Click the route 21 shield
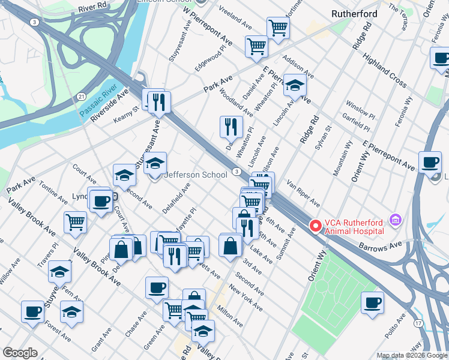click(81, 96)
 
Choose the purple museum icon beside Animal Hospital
click(394, 221)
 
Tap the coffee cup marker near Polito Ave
click(372, 302)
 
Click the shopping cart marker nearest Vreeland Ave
click(277, 27)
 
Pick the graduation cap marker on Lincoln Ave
click(295, 85)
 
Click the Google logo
click(20, 353)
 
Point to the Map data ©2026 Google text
click(412, 355)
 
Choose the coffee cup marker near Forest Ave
click(32, 311)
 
